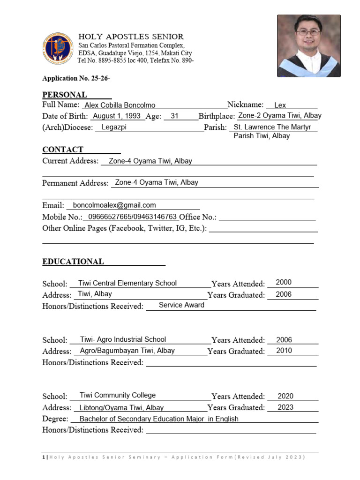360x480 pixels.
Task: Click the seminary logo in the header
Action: pos(58,48)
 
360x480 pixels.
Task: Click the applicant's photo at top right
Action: pos(308,45)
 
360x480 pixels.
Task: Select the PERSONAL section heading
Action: pos(65,95)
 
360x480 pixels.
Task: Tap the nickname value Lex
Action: pos(280,105)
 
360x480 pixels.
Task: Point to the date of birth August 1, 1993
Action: pos(117,116)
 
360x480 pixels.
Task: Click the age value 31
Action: pos(174,116)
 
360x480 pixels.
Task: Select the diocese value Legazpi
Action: pos(114,127)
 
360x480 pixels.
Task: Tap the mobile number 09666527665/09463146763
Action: pos(132,217)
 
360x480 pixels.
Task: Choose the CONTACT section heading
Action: pos(63,150)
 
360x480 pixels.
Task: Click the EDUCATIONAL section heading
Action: pos(73,262)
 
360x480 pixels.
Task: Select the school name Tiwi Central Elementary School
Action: pos(127,283)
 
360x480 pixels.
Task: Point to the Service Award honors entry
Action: pos(181,305)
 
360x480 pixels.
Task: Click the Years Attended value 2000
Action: pos(284,282)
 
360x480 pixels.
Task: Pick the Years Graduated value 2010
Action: pos(284,351)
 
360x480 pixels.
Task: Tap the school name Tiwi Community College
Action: pos(118,395)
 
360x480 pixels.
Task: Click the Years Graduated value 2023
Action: pos(285,407)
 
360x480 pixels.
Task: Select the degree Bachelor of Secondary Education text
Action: pos(159,419)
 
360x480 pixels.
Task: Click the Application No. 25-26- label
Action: pos(76,78)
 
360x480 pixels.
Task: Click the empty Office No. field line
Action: pos(267,217)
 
